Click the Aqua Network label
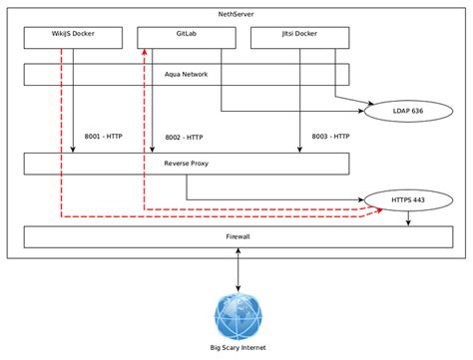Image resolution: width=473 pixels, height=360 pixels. (x=186, y=75)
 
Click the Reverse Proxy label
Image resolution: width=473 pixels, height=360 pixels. (x=186, y=164)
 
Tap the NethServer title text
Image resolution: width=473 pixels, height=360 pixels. (x=236, y=15)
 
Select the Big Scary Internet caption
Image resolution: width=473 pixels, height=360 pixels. (x=237, y=348)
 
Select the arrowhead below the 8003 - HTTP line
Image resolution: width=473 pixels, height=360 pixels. (x=299, y=150)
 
